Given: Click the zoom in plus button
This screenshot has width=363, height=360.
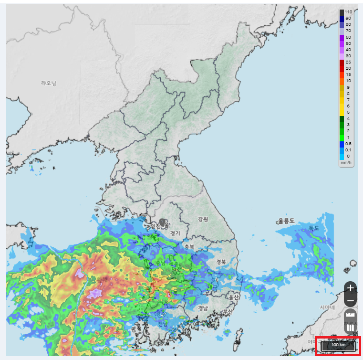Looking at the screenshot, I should coord(351,288).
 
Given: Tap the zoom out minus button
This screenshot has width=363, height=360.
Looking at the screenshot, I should coord(351,301).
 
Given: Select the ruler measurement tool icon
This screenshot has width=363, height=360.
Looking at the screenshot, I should coord(351,315).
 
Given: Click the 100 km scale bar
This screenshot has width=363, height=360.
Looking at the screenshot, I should coord(339,345).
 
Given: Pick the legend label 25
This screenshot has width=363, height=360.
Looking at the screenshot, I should coord(348,62).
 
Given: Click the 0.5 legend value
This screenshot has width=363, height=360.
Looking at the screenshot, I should coord(348,144).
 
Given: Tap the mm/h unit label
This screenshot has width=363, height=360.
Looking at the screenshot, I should coord(346,162).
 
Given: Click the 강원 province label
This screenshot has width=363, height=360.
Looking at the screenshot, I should coord(203,219).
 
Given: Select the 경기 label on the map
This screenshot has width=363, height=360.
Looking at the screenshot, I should coord(175,233).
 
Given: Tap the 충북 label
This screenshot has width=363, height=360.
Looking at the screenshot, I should coord(189,247).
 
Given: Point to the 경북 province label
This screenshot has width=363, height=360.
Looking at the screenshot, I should coord(221,262).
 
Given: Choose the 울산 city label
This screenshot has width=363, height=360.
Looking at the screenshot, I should coord(233,297).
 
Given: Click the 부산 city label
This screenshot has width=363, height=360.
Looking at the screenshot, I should coord(228,311).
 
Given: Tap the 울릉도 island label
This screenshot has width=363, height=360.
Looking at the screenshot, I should coord(286,221).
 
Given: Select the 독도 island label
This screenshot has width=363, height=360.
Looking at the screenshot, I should coord(313,228).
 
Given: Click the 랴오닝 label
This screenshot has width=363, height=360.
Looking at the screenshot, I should coord(49,83).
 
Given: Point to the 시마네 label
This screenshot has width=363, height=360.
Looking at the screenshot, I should coord(328,307).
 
